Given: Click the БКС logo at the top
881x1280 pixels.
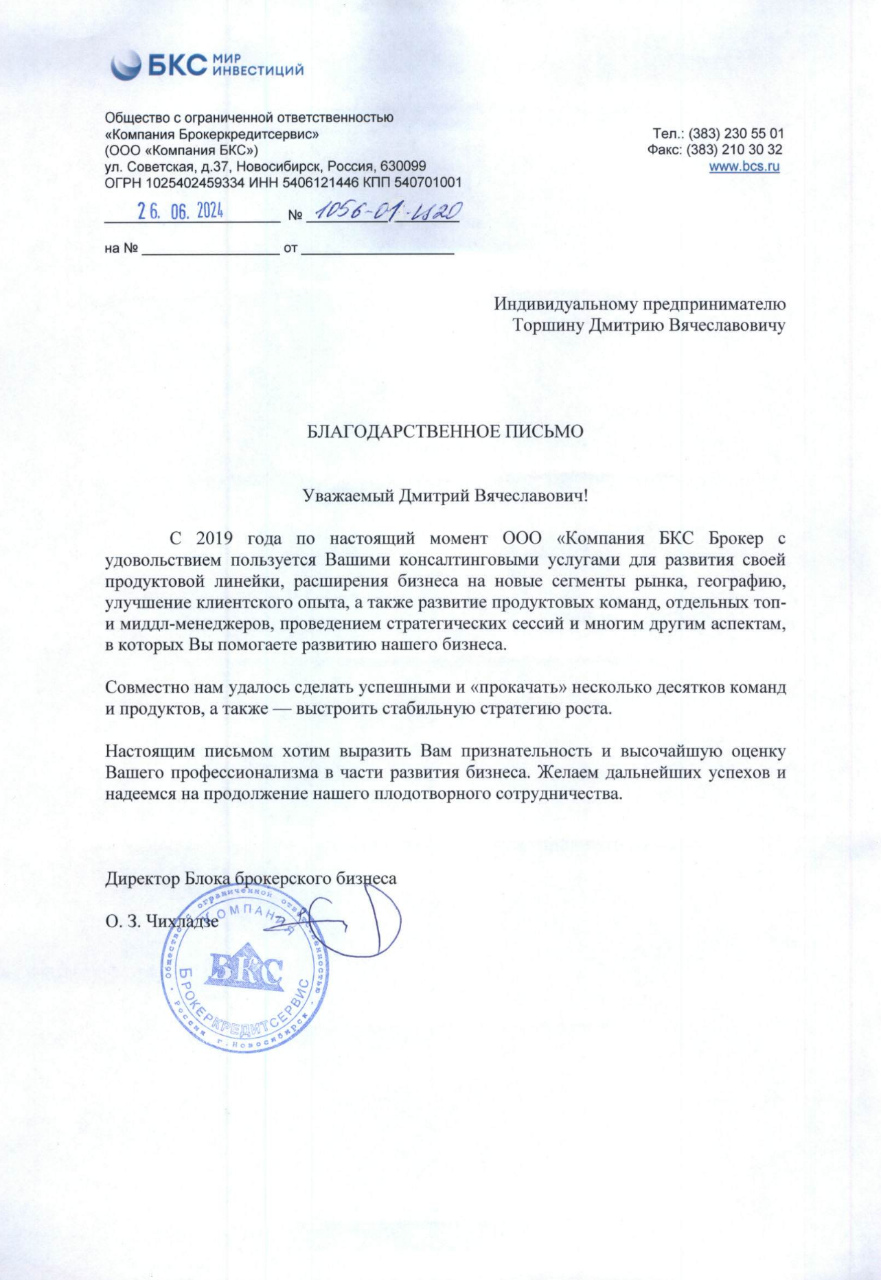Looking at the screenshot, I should point(206,65).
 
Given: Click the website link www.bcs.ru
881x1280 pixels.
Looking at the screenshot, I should point(744,166).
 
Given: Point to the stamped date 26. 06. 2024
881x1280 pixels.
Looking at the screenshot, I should point(180,211).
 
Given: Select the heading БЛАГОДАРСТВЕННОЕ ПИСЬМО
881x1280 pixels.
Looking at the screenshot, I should point(444,432).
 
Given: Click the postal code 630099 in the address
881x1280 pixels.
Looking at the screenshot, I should point(404,166).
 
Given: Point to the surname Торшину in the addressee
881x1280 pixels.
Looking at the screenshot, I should point(547,325).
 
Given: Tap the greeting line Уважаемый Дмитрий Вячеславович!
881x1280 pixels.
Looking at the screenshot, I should point(446,496).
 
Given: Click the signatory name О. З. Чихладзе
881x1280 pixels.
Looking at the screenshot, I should point(162,922).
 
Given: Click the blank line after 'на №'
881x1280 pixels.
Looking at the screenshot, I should point(210,249).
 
